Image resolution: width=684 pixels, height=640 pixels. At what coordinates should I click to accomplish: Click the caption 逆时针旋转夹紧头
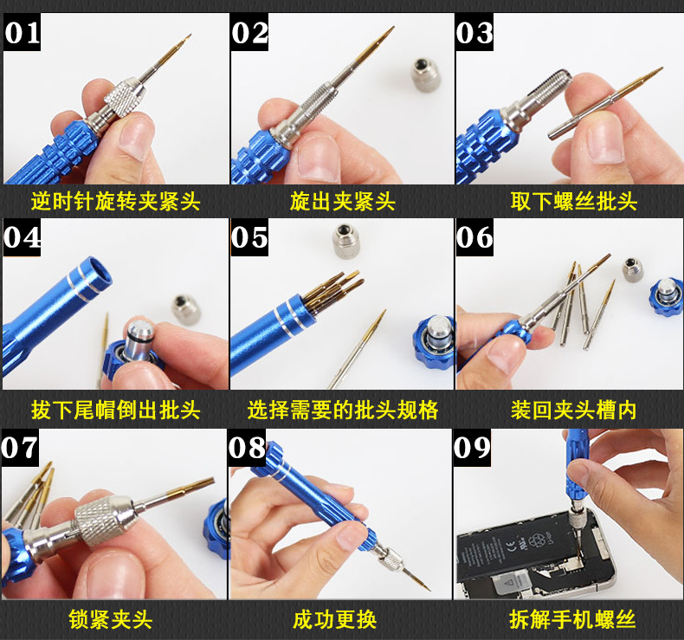tap(115, 201)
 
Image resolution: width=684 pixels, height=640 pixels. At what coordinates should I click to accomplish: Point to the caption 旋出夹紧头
tap(342, 201)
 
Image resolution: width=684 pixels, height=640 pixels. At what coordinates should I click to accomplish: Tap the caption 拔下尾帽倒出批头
tap(115, 409)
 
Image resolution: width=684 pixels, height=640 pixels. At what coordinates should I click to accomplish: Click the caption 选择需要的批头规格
tap(342, 409)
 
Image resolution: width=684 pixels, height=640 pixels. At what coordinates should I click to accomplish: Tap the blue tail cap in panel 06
tap(665, 294)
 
